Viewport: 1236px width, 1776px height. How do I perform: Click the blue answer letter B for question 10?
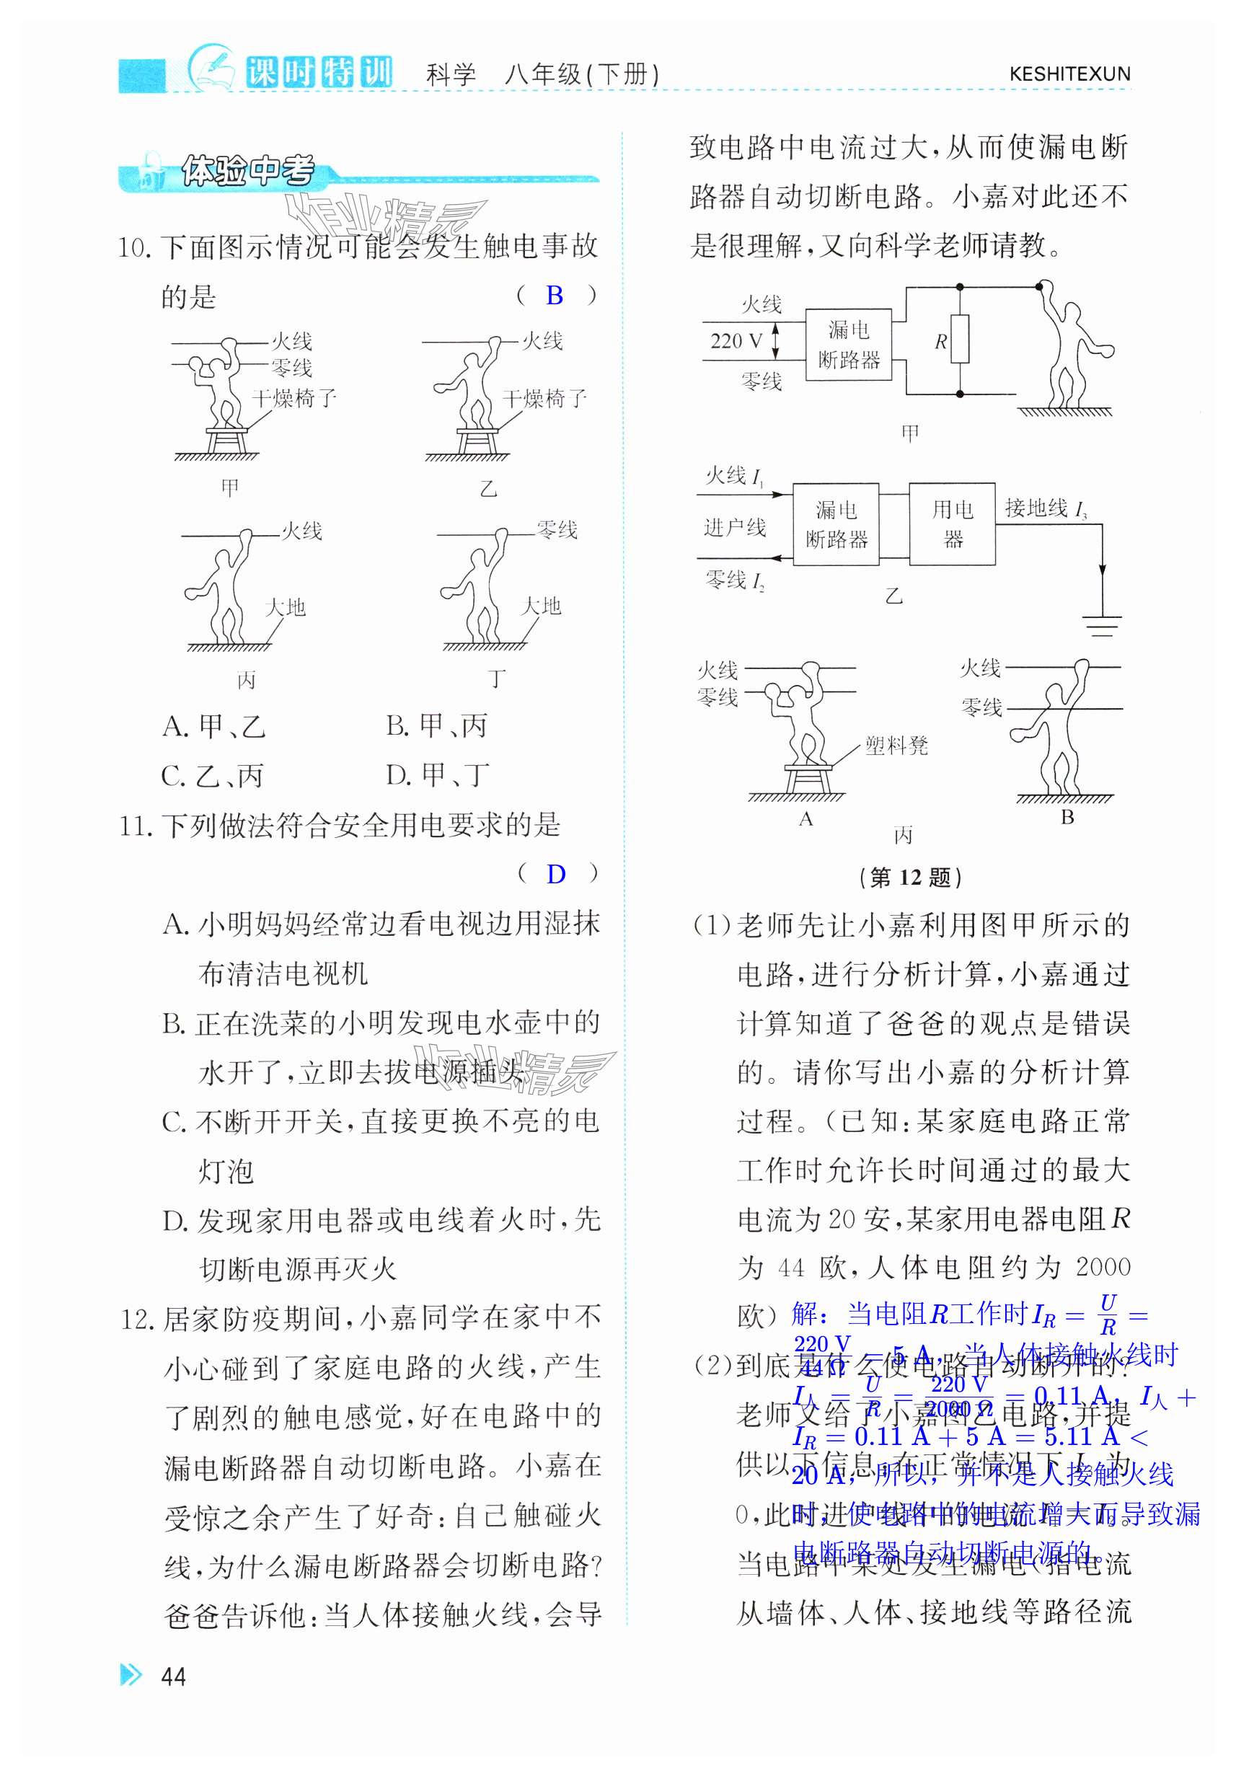click(554, 295)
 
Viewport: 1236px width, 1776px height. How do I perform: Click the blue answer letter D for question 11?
click(555, 874)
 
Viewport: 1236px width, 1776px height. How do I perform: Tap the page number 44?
click(173, 1676)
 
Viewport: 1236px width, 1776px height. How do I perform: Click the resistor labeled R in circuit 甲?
click(960, 340)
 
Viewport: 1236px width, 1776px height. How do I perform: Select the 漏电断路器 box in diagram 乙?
click(835, 524)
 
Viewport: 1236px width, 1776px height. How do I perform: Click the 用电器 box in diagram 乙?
click(951, 523)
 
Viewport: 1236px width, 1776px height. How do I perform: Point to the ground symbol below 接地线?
click(1101, 624)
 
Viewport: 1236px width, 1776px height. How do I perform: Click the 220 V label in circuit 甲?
click(736, 341)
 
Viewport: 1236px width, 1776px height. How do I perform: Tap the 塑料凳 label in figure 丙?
click(896, 746)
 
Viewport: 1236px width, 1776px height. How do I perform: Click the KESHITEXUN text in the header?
click(1069, 74)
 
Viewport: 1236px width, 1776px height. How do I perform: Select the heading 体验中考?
click(247, 171)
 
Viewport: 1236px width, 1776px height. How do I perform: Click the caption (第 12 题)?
click(910, 878)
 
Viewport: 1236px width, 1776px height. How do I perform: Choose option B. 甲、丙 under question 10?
click(437, 725)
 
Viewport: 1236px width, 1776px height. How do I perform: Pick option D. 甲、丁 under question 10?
click(437, 774)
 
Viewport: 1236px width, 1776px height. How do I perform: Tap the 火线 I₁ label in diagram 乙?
click(734, 476)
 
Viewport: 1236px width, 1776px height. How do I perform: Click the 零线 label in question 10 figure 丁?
click(557, 530)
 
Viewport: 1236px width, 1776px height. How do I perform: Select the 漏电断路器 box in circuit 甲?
click(849, 344)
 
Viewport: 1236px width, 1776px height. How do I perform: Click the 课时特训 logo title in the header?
click(319, 73)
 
